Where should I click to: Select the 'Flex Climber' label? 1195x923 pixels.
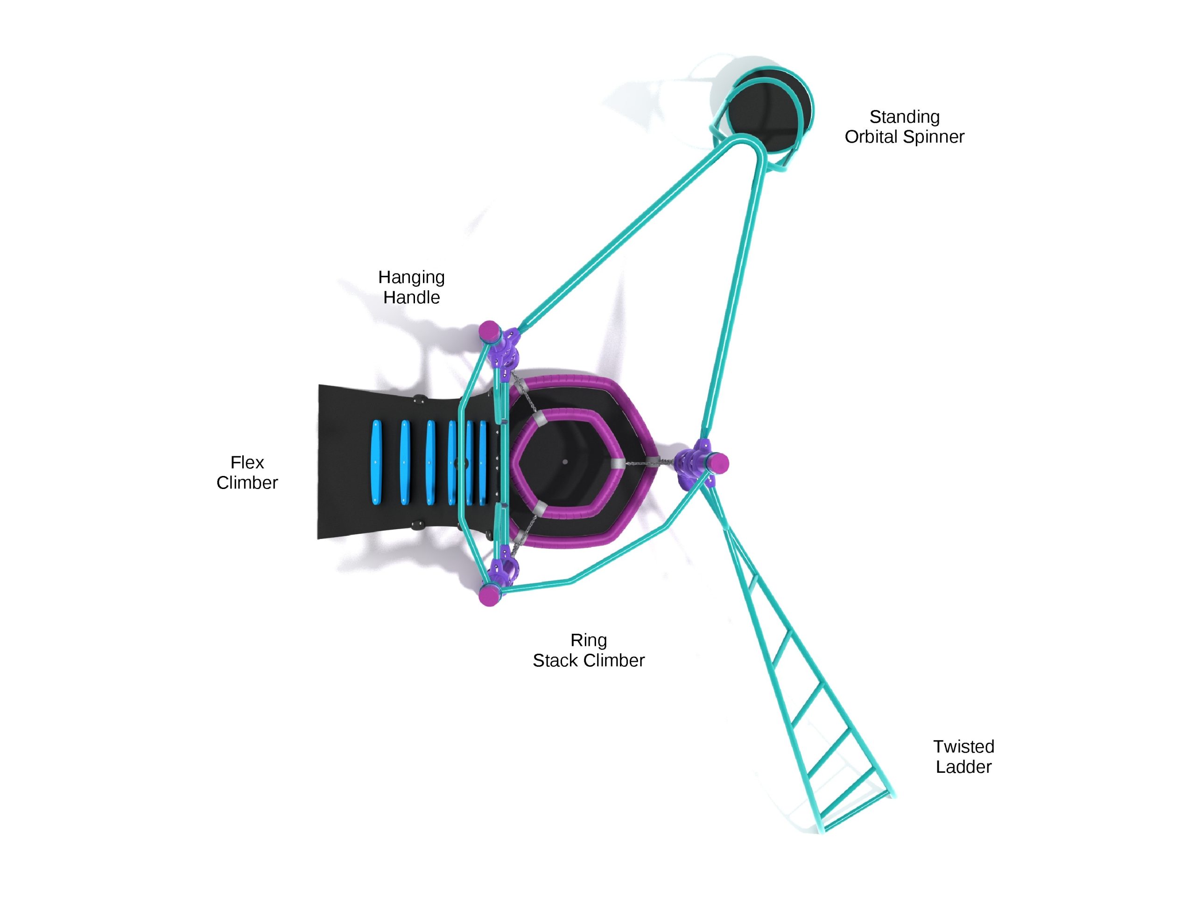(x=247, y=472)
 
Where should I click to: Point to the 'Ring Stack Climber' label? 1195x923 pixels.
(x=588, y=650)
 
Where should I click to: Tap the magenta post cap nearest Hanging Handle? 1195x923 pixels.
(x=489, y=331)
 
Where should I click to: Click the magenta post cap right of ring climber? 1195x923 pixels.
(x=717, y=463)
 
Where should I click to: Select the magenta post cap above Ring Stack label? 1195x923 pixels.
(x=489, y=595)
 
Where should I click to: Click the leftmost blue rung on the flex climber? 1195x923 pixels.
(x=376, y=462)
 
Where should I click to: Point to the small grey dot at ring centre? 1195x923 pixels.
(x=565, y=462)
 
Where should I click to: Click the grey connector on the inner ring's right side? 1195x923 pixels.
(x=617, y=463)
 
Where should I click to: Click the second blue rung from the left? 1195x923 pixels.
(x=404, y=462)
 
